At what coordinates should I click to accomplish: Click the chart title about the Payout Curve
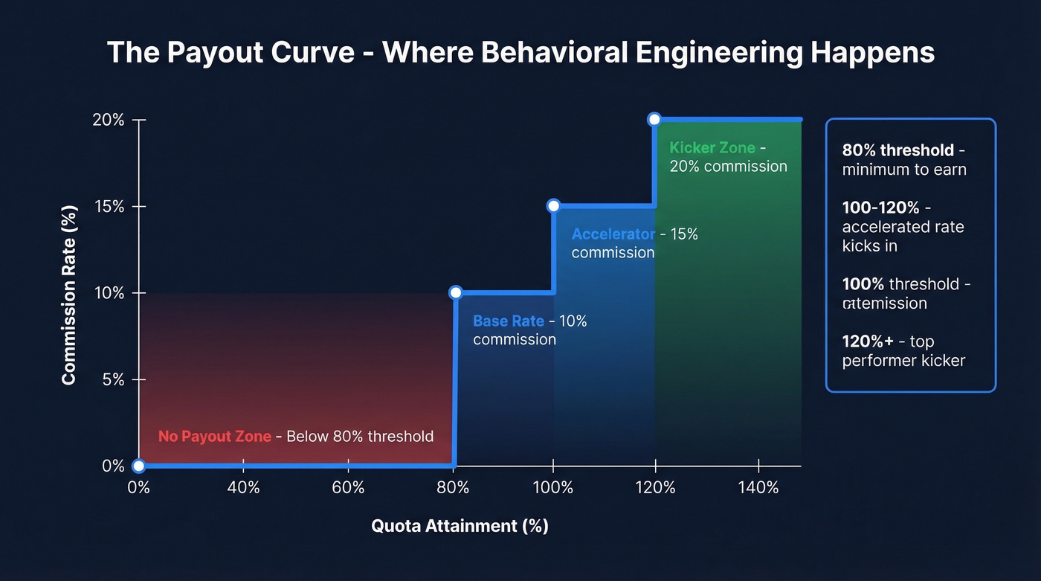[x=520, y=53]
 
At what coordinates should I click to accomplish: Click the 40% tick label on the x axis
[x=243, y=488]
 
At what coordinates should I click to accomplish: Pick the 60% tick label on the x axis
[x=348, y=488]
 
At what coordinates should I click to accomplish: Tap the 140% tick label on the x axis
[x=758, y=488]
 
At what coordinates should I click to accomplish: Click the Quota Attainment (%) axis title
[x=460, y=526]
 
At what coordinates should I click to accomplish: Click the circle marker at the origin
[x=138, y=466]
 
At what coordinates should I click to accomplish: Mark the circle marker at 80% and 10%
[x=456, y=292]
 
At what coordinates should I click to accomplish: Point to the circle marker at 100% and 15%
[x=553, y=206]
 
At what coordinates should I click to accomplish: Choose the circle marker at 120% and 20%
[x=654, y=119]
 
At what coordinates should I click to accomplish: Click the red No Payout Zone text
[x=214, y=437]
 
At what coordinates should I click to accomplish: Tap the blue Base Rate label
[x=509, y=321]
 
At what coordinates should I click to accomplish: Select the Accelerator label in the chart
[x=613, y=234]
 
